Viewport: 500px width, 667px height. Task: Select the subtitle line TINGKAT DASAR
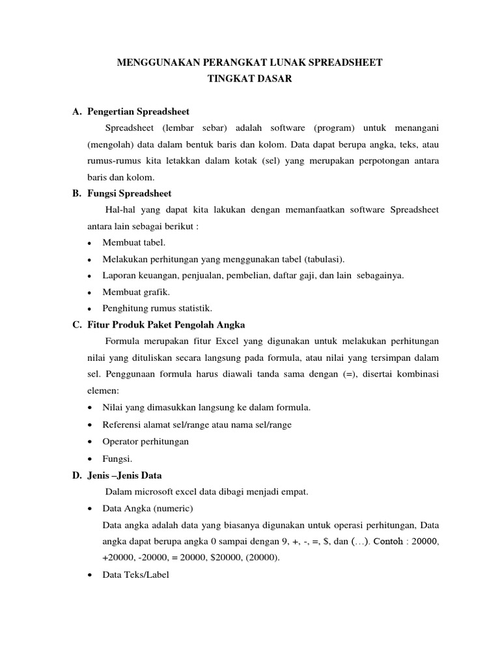[249, 79]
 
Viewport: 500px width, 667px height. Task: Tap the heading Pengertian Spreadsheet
[138, 111]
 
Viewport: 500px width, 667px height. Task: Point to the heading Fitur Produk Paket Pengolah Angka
[165, 325]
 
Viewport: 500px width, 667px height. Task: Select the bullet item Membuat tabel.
[129, 242]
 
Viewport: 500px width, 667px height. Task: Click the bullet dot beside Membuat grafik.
[89, 292]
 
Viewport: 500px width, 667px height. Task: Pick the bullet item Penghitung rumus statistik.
[157, 308]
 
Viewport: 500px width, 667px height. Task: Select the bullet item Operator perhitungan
[145, 441]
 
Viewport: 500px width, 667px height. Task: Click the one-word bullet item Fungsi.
[117, 459]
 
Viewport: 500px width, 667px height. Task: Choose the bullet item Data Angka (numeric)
[148, 509]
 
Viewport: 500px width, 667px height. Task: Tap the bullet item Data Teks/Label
[135, 575]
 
